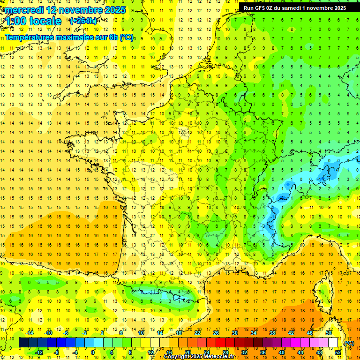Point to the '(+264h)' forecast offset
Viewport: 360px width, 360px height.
[83, 21]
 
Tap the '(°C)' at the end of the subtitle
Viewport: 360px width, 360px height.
[126, 37]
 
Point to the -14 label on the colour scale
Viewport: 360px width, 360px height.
[30, 333]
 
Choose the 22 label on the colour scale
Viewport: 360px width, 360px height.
[197, 333]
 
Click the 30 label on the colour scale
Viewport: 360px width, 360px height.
[235, 333]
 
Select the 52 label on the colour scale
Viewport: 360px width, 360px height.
[338, 352]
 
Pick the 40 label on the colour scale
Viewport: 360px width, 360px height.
[281, 352]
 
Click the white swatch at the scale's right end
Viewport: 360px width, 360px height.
[333, 343]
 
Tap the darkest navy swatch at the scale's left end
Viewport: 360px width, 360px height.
[23, 343]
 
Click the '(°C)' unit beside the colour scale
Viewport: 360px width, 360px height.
[349, 343]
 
